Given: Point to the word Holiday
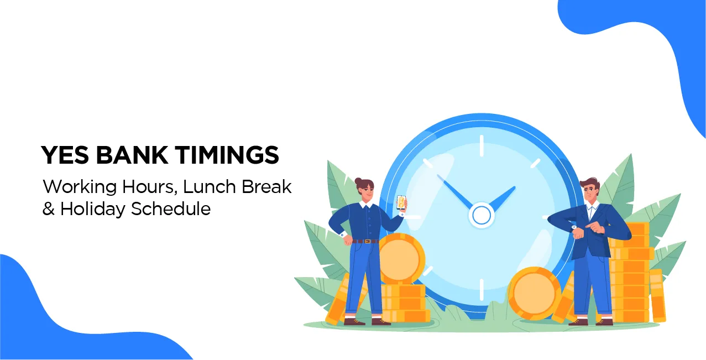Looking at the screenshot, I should point(93,209).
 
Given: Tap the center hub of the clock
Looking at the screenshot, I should point(480,215).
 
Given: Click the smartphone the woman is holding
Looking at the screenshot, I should point(401,204).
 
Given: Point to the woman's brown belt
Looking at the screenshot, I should point(365,241).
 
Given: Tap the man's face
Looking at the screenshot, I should point(591,193).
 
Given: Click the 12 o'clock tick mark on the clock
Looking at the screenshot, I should point(481,145).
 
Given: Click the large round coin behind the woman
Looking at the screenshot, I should point(402,259).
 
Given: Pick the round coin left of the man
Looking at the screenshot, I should point(534,293).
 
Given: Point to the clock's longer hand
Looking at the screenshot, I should point(456,191).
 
